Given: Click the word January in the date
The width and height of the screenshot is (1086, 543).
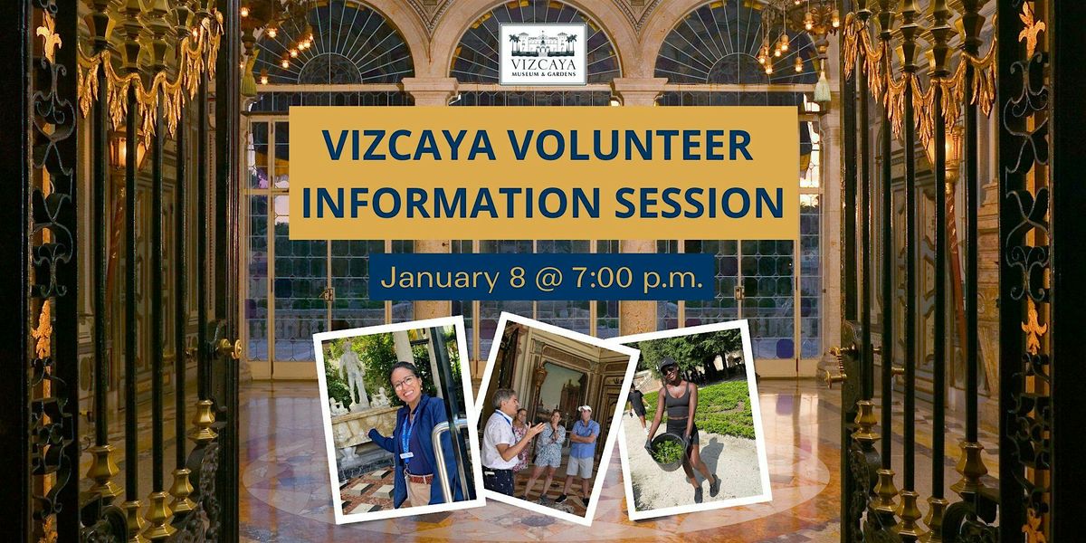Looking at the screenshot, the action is pyautogui.click(x=440, y=280).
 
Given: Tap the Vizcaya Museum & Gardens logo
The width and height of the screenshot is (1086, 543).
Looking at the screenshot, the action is pyautogui.click(x=543, y=54).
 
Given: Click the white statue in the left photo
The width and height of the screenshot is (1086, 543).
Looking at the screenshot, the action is pyautogui.click(x=355, y=373).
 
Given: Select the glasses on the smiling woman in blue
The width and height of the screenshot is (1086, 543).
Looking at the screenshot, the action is pyautogui.click(x=405, y=383).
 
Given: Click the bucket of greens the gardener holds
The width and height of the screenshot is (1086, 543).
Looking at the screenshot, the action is pyautogui.click(x=668, y=452).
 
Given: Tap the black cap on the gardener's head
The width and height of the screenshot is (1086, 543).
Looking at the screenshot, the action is pyautogui.click(x=668, y=363).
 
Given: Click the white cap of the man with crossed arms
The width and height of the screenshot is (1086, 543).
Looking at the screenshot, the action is pyautogui.click(x=586, y=408).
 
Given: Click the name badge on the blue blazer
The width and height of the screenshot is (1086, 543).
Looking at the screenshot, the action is pyautogui.click(x=406, y=455).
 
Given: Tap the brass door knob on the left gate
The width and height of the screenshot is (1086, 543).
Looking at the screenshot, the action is pyautogui.click(x=230, y=348).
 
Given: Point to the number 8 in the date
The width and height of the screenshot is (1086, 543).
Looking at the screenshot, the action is pyautogui.click(x=518, y=278).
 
